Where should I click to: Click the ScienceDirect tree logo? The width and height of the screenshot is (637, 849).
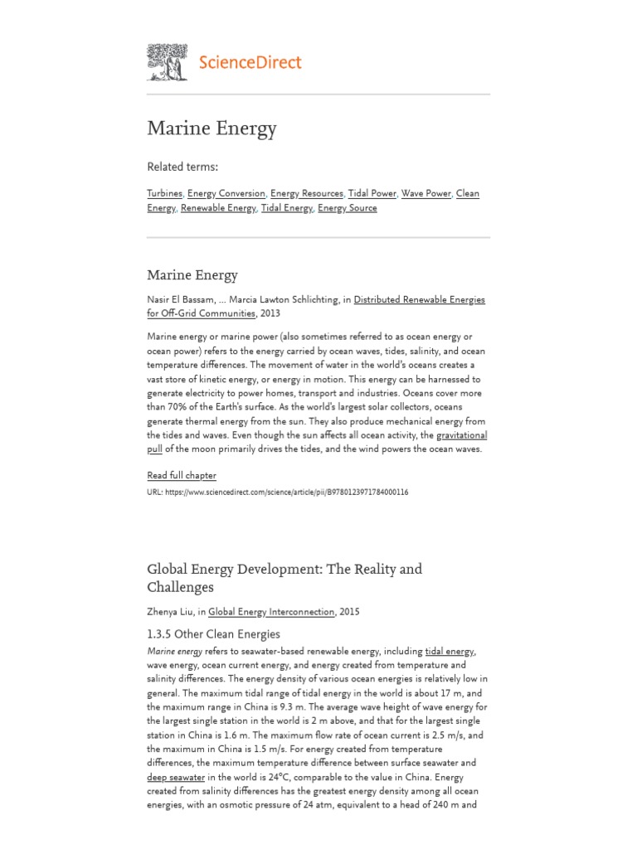point(168,61)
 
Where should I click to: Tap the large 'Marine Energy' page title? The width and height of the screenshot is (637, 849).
point(212,129)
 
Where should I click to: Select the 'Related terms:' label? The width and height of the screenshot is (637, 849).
point(182,167)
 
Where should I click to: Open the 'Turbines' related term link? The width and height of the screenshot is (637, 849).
point(164,193)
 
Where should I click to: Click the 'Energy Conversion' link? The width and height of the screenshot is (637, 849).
point(226,193)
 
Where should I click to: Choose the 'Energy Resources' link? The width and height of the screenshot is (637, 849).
point(306,193)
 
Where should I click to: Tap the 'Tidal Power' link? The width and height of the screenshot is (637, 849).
point(372,193)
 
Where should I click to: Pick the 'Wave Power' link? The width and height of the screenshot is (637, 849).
point(425,193)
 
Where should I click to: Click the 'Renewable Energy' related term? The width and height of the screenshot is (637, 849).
point(218,208)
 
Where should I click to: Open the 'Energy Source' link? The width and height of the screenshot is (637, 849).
point(347,208)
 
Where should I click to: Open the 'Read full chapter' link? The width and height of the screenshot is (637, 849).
point(182,475)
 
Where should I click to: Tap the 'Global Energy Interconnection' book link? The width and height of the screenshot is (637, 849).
point(271,612)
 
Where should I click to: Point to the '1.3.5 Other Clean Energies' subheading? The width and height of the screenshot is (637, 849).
point(213,634)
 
